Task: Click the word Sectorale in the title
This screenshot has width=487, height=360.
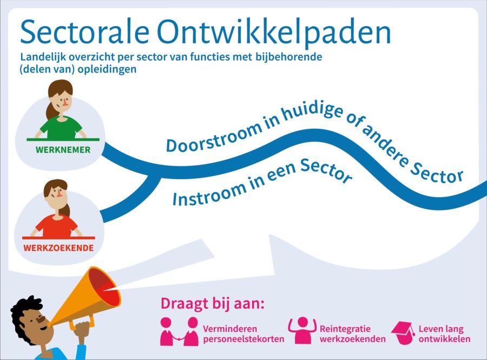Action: point(85,32)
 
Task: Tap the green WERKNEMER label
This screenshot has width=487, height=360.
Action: point(63,150)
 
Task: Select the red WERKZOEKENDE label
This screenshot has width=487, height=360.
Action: point(58,248)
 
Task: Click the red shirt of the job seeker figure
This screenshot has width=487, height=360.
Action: point(56,227)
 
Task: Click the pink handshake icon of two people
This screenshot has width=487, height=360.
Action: point(179,331)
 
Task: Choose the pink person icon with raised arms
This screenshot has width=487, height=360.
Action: point(302,330)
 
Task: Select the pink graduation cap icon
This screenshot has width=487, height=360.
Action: point(403,333)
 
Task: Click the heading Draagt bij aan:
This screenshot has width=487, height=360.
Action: point(213,304)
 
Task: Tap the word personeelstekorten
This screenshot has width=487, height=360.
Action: point(243,339)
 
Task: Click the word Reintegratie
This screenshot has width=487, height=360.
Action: point(345,329)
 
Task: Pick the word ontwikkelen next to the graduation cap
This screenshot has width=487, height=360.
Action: point(444,339)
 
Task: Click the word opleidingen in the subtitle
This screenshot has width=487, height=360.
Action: point(107,69)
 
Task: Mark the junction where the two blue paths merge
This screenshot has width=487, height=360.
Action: point(154,174)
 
